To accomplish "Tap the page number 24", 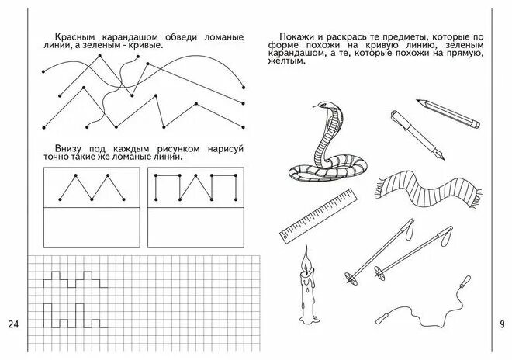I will coord(14,324).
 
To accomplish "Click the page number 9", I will coord(501,324).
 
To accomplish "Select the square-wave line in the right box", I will coord(195,189).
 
